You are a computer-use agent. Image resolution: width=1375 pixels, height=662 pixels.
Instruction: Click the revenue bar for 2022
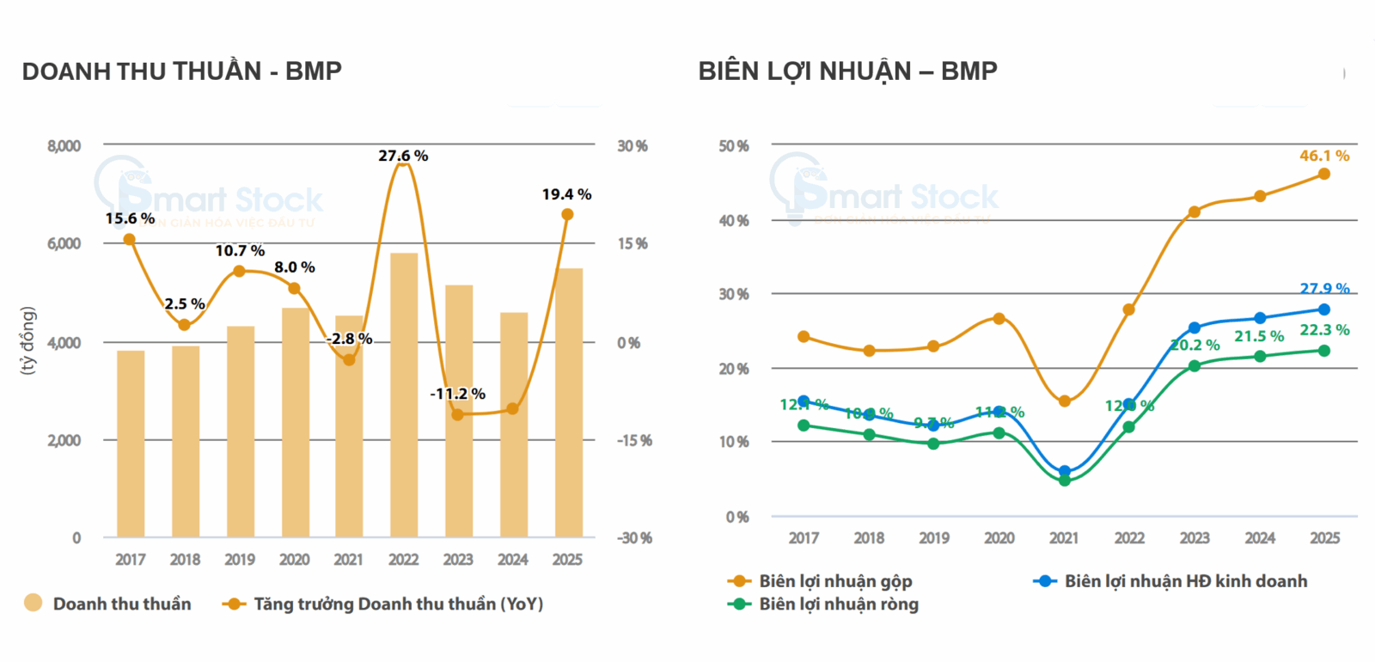click(x=403, y=395)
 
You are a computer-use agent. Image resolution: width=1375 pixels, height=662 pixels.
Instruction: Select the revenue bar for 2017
click(x=131, y=444)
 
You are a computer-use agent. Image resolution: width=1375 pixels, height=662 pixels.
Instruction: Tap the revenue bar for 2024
click(x=513, y=425)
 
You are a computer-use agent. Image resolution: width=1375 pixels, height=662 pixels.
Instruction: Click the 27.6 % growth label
click(x=403, y=156)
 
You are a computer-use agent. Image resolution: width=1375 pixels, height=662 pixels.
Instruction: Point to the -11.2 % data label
click(x=457, y=394)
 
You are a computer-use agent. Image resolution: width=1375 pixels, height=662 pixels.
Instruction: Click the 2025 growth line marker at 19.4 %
click(x=567, y=214)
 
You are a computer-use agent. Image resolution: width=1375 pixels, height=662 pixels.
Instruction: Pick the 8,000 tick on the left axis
click(x=64, y=146)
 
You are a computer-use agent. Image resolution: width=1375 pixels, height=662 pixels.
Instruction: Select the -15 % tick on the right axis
click(x=634, y=440)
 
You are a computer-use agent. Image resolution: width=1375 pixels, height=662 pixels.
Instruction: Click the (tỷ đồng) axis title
click(x=27, y=340)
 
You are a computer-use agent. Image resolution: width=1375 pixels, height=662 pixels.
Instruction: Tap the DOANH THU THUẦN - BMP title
click(x=181, y=71)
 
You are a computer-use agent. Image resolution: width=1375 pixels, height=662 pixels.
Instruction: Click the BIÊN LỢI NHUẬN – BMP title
click(x=847, y=71)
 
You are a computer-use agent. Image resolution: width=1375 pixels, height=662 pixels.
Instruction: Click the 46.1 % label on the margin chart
click(x=1324, y=156)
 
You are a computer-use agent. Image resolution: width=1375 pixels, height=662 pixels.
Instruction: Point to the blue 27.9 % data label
click(x=1324, y=289)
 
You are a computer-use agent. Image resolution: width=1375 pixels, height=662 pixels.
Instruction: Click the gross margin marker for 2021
click(x=1064, y=401)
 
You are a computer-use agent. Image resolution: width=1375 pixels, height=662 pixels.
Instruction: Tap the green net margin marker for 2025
click(x=1324, y=351)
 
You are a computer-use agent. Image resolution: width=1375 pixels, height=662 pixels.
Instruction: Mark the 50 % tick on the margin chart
click(x=734, y=146)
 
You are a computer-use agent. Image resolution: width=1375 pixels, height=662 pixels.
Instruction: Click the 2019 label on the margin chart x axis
click(x=934, y=538)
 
